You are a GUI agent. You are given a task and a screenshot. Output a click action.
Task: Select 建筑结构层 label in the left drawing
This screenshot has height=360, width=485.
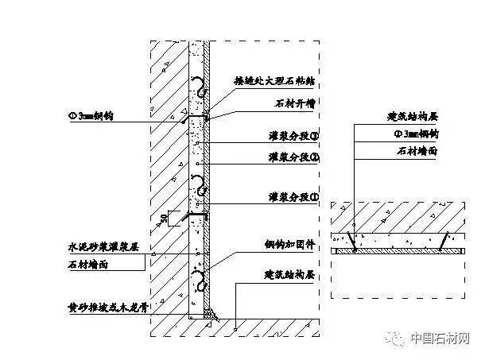(291, 273)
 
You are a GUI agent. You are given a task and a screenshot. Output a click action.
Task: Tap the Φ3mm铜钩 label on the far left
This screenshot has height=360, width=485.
(91, 115)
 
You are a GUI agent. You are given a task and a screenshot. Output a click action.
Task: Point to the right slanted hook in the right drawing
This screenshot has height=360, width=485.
(448, 239)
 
